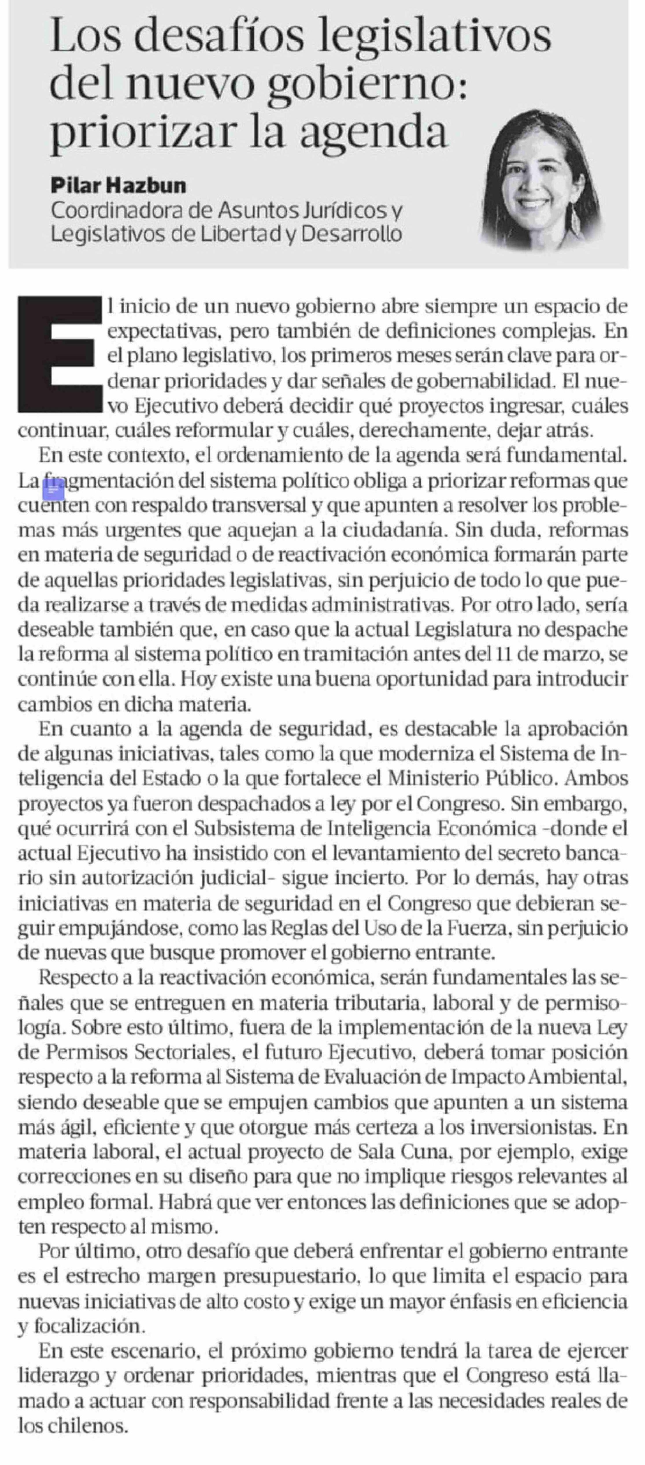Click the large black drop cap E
click(x=57, y=353)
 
